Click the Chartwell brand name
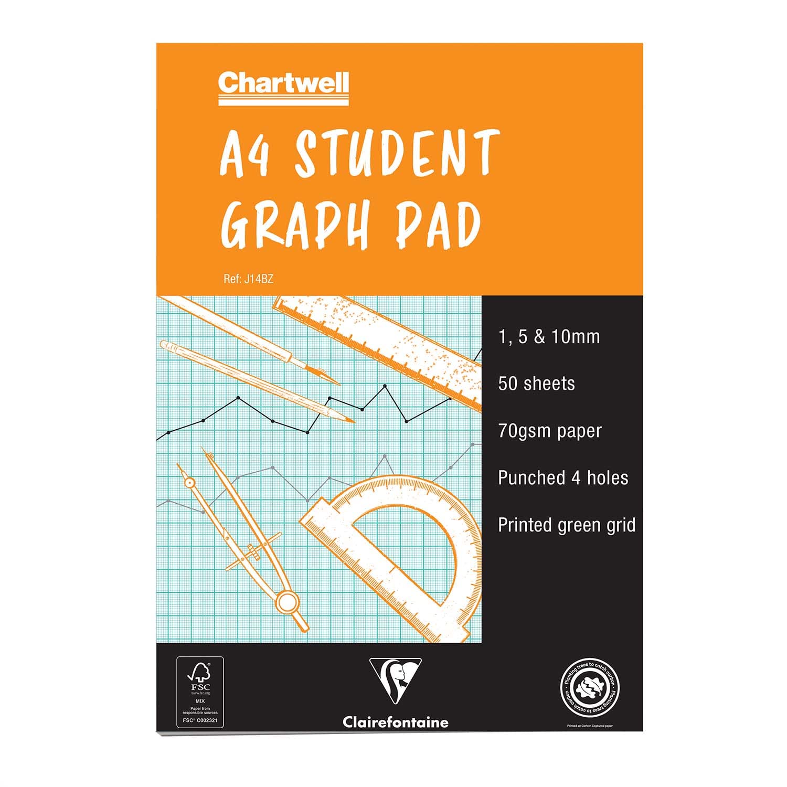coord(283,84)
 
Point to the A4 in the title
coord(244,154)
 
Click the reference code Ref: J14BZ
coord(248,280)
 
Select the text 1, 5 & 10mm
coord(549,336)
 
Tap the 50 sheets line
coord(536,384)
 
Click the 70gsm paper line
coord(549,431)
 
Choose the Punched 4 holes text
coord(563,478)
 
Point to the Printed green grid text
coord(567,525)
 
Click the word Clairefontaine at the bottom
coord(396,722)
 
